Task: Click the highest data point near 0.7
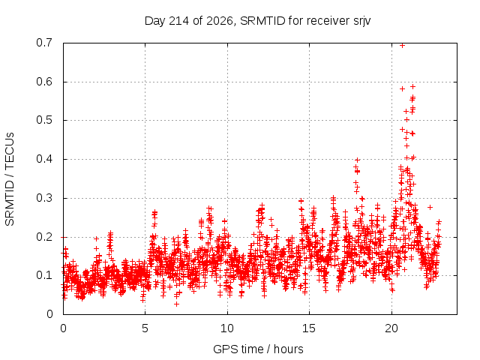402,46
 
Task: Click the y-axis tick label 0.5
44,120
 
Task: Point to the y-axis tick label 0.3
44,198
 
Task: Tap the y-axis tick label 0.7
44,43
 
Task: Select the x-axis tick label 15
309,328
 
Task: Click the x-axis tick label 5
145,328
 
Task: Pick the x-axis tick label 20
391,328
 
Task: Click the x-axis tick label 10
227,328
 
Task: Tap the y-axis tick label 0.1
44,275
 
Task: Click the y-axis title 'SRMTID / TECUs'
10,179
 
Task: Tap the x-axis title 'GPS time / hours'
258,349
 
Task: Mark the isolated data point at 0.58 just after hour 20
402,88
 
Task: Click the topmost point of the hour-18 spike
357,160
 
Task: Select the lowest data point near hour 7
176,304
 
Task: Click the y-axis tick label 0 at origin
49,314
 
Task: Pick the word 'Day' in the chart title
155,21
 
